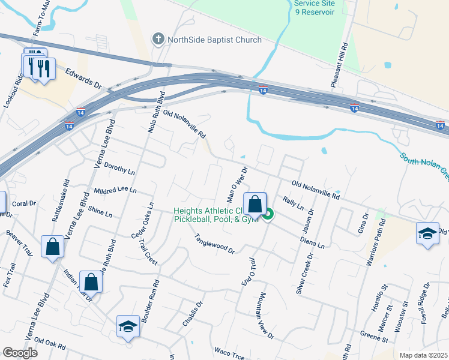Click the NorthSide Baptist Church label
click(x=215, y=40)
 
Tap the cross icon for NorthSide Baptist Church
click(x=158, y=40)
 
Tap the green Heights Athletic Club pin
click(x=268, y=214)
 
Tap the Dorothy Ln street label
click(x=119, y=168)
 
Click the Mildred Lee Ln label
click(x=115, y=190)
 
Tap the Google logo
click(x=20, y=352)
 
